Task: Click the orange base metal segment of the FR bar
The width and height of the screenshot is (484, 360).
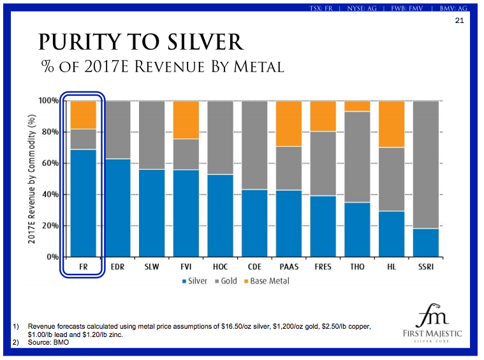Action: point(83,115)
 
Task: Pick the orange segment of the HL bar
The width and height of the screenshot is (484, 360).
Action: point(392,124)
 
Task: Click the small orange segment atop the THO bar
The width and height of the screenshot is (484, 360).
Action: point(357,106)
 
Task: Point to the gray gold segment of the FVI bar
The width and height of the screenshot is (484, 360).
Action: point(186,154)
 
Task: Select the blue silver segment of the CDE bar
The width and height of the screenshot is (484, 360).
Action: point(254,223)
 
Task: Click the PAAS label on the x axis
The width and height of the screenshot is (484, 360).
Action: point(289,267)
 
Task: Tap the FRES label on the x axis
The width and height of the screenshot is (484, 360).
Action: point(323,267)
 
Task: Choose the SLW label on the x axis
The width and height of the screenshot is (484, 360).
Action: point(152,267)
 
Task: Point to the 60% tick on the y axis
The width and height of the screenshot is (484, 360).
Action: point(50,163)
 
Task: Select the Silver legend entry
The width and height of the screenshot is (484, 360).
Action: point(196,281)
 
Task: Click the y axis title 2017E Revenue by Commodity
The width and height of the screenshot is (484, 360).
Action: point(31,179)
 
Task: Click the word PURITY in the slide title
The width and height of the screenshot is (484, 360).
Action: point(81,42)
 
